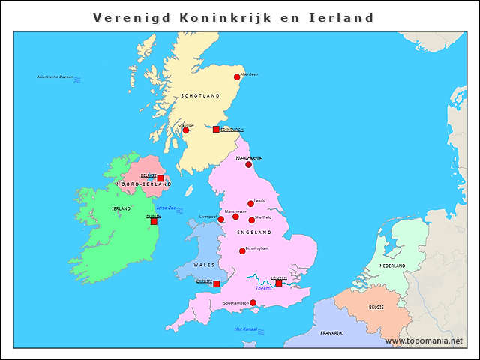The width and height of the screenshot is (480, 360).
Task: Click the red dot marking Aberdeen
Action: [x=237, y=76]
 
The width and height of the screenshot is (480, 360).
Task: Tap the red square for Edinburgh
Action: [x=216, y=130]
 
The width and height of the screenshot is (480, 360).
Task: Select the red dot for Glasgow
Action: [x=186, y=130]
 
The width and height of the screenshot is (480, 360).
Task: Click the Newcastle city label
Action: [x=249, y=159]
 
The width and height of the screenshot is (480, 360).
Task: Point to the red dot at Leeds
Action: [x=250, y=203]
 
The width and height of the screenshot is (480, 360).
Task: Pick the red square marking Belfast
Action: [x=160, y=178]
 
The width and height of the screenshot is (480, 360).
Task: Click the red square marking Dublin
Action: [x=154, y=221]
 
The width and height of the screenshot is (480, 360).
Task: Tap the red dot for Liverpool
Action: [x=220, y=220]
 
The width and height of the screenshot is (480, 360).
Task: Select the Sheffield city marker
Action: [x=251, y=220]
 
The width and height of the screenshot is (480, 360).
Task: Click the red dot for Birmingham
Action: [x=242, y=250]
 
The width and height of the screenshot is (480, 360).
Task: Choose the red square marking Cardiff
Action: [x=216, y=284]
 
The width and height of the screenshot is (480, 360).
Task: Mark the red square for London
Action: [x=278, y=283]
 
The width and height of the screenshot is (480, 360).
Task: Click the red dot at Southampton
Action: [x=253, y=303]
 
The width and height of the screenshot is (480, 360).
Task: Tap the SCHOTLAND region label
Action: [x=200, y=96]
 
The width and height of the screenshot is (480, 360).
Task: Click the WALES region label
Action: [x=204, y=265]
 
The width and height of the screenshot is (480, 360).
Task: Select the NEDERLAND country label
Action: [x=392, y=266]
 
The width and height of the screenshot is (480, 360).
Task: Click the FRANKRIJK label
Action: [x=331, y=333]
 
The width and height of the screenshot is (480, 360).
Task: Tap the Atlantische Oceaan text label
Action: [x=55, y=77]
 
